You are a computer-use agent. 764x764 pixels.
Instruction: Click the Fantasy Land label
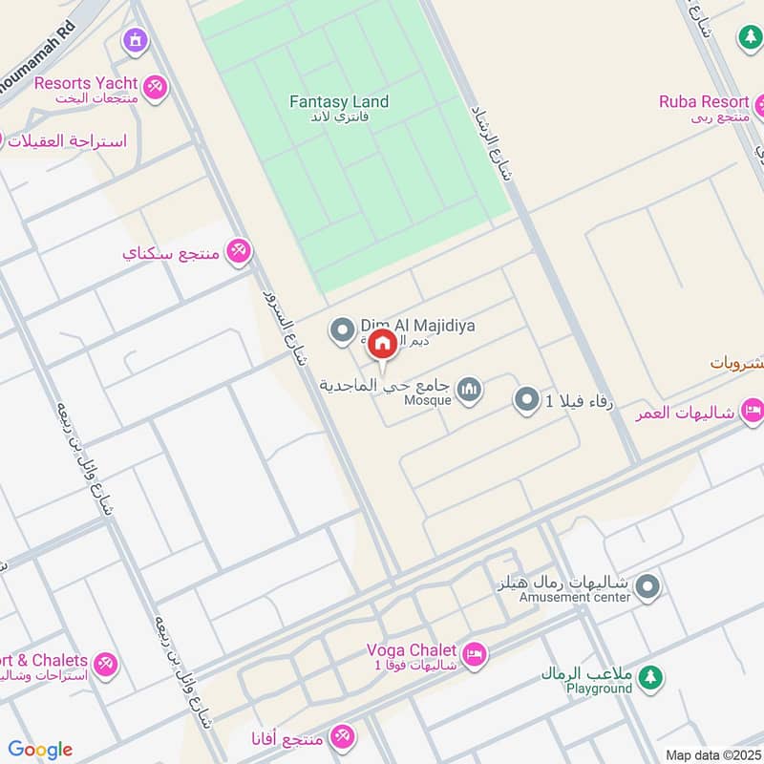click(340, 102)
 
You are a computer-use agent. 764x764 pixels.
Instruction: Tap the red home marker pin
click(382, 344)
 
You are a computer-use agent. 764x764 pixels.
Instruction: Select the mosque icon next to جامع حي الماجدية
click(469, 389)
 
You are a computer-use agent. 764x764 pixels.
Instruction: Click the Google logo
click(40, 750)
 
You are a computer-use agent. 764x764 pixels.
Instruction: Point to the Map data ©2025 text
click(712, 755)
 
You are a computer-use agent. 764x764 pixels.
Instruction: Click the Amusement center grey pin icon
click(649, 585)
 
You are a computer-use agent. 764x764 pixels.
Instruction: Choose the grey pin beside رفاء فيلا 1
click(526, 400)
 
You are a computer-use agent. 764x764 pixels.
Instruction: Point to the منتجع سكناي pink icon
click(239, 251)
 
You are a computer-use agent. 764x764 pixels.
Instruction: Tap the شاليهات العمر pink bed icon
click(753, 412)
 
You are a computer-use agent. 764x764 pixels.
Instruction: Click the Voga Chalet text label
click(412, 650)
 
